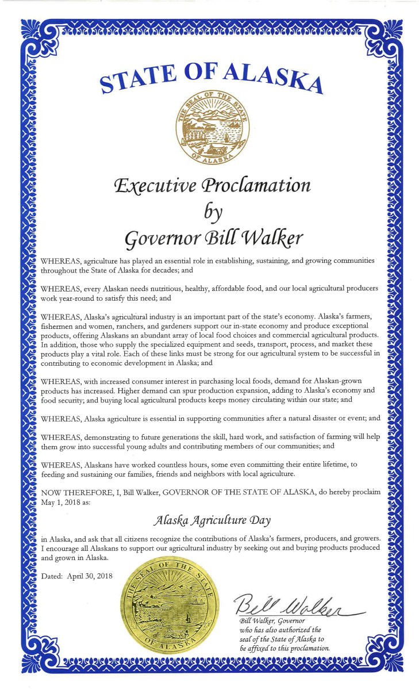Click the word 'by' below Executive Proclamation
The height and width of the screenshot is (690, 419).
pyautogui.click(x=212, y=211)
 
